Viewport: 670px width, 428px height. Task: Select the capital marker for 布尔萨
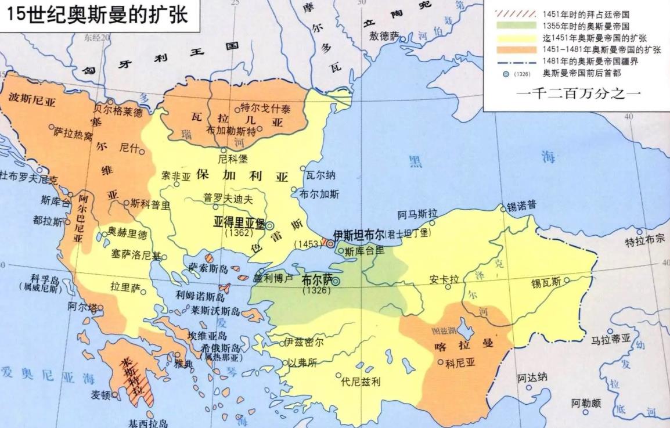point(336,282)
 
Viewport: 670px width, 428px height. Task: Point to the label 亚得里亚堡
point(239,222)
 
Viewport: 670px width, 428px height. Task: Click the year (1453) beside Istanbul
point(307,244)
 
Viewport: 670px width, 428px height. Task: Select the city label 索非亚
point(176,175)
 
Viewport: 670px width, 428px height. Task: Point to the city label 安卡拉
point(444,279)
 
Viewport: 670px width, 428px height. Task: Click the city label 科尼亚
point(460,364)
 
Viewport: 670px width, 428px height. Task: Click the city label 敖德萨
point(384,35)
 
